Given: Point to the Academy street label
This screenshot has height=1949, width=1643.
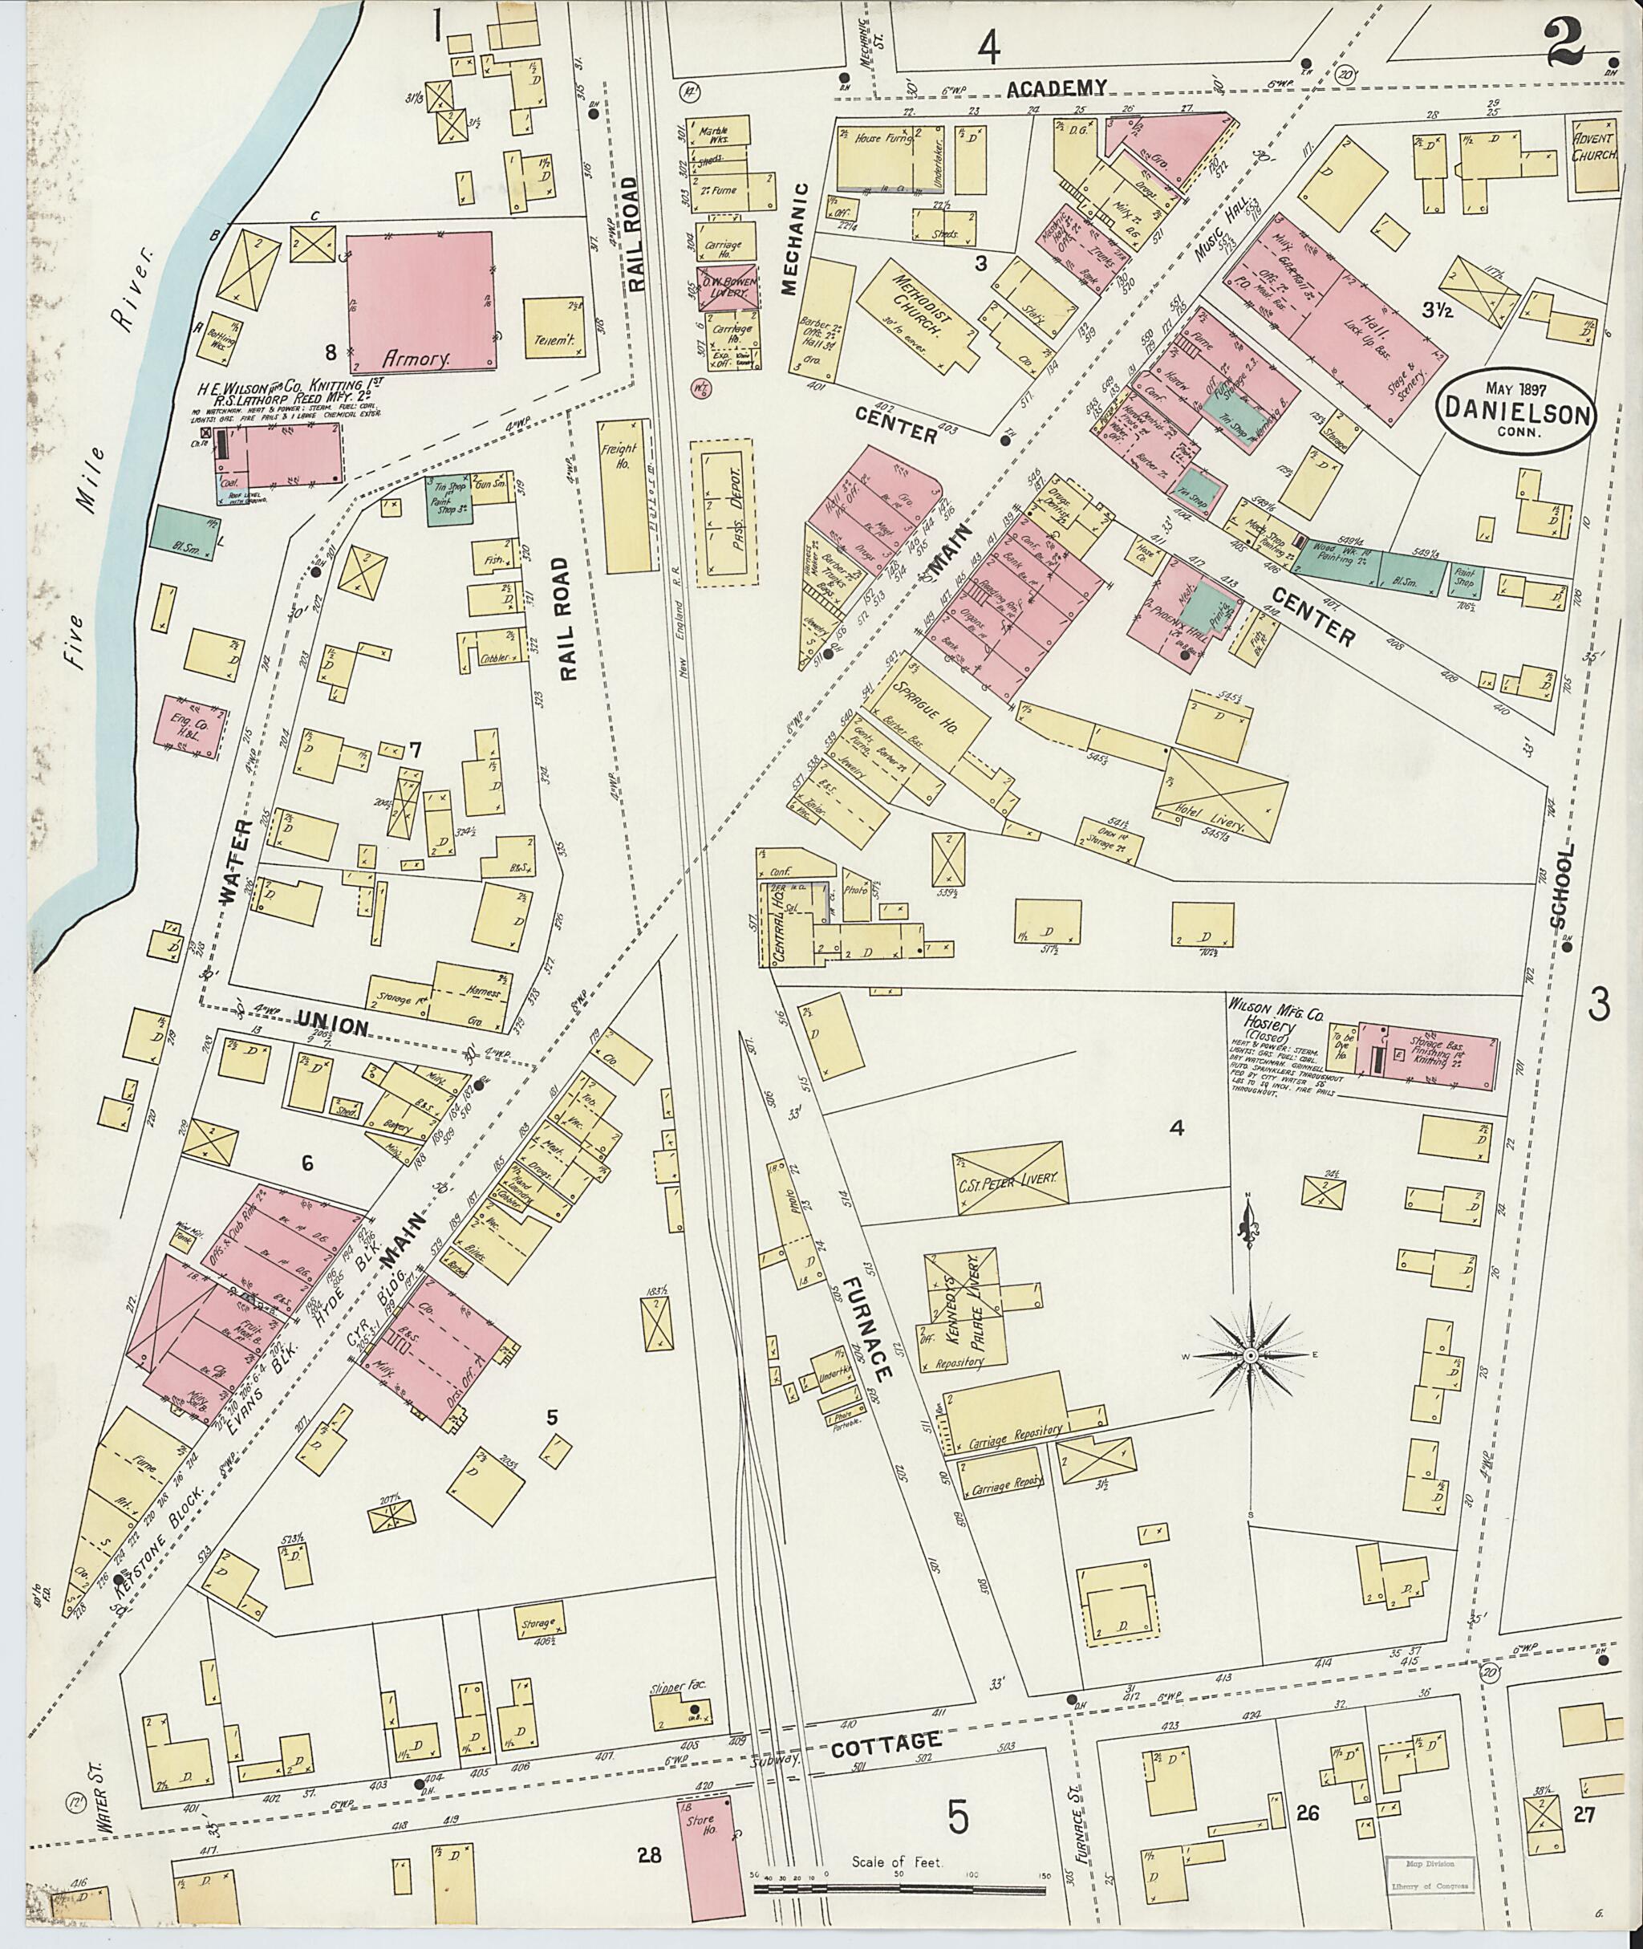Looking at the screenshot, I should [1059, 87].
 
